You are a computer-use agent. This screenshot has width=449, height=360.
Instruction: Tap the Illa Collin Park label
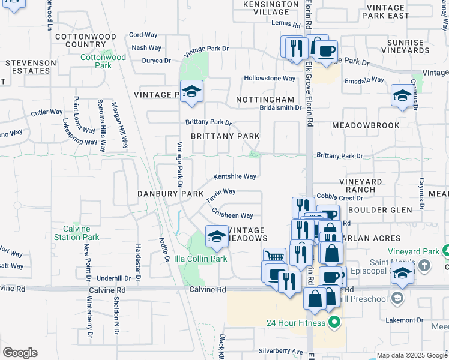(201, 259)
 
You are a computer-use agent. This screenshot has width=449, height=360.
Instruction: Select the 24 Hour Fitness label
(296, 323)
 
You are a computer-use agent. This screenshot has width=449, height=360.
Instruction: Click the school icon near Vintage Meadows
(217, 236)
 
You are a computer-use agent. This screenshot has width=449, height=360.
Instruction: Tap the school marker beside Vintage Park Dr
(191, 91)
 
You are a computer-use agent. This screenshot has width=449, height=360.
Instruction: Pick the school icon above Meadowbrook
(402, 95)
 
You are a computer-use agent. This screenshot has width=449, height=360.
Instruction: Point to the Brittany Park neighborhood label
(225, 136)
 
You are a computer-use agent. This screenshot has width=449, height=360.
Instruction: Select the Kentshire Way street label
(235, 176)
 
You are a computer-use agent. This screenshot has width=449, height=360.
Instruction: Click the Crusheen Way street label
(232, 214)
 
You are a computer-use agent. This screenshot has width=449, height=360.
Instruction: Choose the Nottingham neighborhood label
(265, 99)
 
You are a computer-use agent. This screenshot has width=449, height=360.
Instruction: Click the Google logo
(20, 353)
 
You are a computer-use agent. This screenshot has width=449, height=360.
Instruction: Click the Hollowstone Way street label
(270, 79)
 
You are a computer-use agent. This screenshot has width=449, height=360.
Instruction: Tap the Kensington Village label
(270, 8)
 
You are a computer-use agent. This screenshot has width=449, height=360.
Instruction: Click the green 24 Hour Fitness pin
(334, 323)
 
